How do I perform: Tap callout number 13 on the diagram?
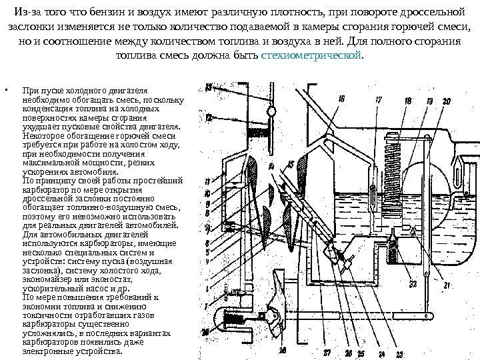click(208, 87)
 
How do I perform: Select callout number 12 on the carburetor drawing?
click(209, 118)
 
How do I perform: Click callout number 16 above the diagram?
click(341, 99)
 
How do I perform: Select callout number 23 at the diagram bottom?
click(399, 354)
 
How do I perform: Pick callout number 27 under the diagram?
click(328, 353)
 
